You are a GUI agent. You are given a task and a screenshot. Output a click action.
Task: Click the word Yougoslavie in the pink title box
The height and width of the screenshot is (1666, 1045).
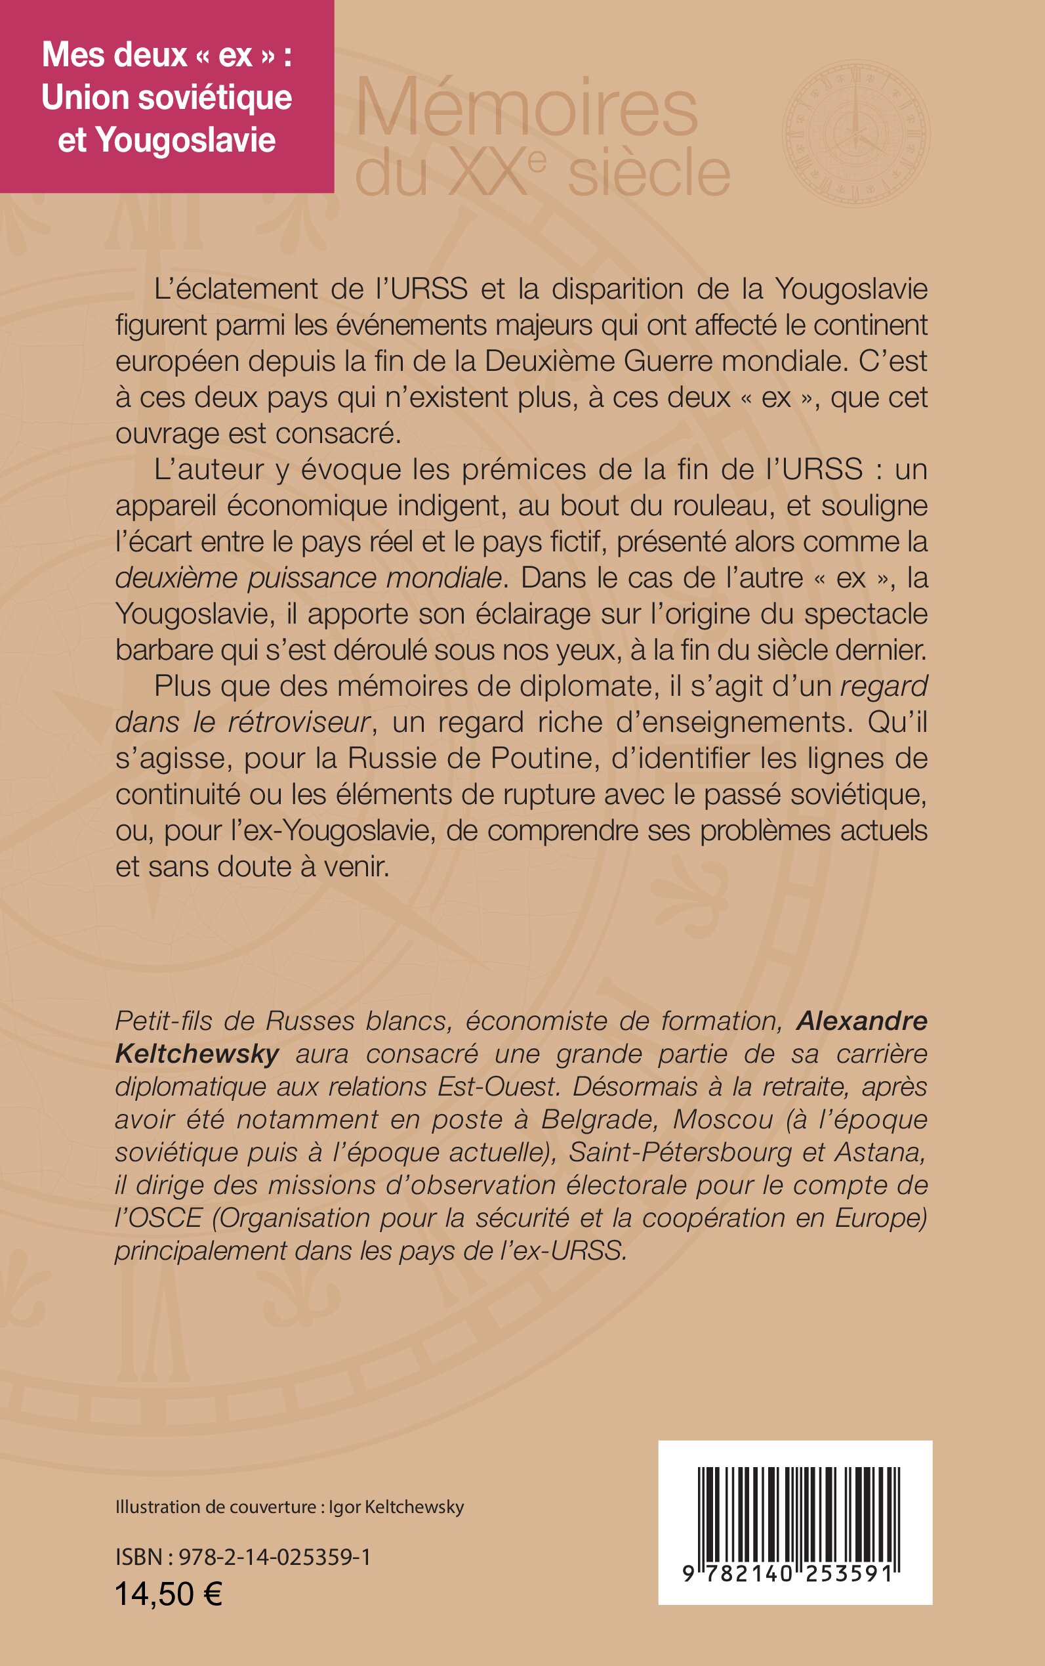pos(185,140)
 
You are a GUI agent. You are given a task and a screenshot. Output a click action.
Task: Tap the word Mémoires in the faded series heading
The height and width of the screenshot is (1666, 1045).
pos(527,109)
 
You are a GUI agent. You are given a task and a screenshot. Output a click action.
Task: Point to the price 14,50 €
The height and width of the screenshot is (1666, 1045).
pos(169,1594)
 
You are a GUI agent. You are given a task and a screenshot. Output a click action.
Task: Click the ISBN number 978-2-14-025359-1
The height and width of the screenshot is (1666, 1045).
pos(274,1557)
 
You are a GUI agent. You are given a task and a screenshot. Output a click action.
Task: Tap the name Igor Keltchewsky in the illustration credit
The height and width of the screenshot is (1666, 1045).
pos(396,1507)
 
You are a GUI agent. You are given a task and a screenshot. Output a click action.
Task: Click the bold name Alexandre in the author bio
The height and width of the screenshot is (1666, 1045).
pos(861,1021)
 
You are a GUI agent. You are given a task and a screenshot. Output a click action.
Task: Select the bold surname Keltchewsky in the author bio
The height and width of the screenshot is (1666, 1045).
pos(197,1054)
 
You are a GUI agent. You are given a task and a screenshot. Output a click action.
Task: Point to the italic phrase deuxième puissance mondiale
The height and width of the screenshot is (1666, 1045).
pos(308,578)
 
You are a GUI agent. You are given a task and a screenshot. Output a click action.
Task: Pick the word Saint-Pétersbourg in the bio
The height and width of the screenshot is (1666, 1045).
pos(680,1152)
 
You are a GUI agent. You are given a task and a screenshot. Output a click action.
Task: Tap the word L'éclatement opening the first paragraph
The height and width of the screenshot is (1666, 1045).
pos(236,289)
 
